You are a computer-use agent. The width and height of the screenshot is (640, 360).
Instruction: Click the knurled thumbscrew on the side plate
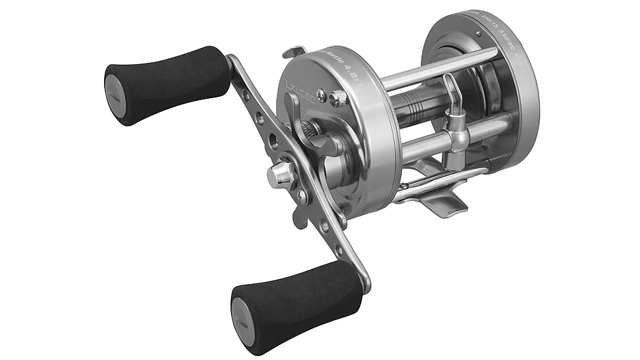click(336, 99)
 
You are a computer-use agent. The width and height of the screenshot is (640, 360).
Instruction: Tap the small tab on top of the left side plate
click(294, 50)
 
